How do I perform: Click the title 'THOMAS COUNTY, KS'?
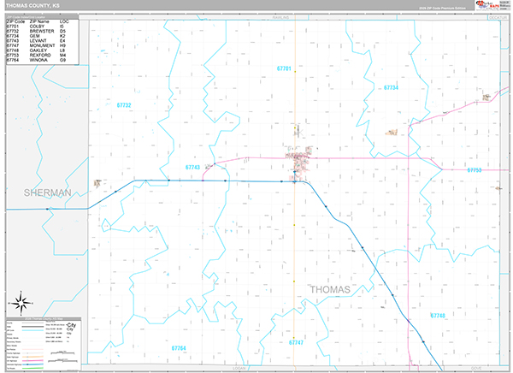32,5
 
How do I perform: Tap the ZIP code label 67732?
124,105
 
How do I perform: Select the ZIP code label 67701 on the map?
284,68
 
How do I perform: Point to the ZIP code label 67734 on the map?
392,87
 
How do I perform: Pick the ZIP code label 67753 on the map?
475,170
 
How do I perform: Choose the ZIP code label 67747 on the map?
296,342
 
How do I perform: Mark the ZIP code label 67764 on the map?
179,348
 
